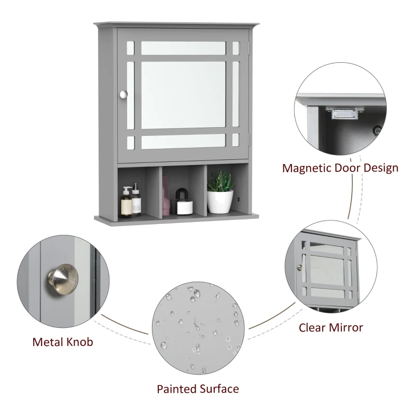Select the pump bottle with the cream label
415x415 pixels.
point(126,203)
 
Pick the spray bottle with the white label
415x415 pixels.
point(136,201)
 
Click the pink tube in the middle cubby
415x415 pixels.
point(166,195)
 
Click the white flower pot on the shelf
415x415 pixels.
point(219,202)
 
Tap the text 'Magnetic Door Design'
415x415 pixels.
point(340,168)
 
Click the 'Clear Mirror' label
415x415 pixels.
point(330,327)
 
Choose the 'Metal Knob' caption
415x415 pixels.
point(63,342)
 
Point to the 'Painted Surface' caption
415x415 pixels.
point(198,389)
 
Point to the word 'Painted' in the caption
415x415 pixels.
point(176,389)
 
